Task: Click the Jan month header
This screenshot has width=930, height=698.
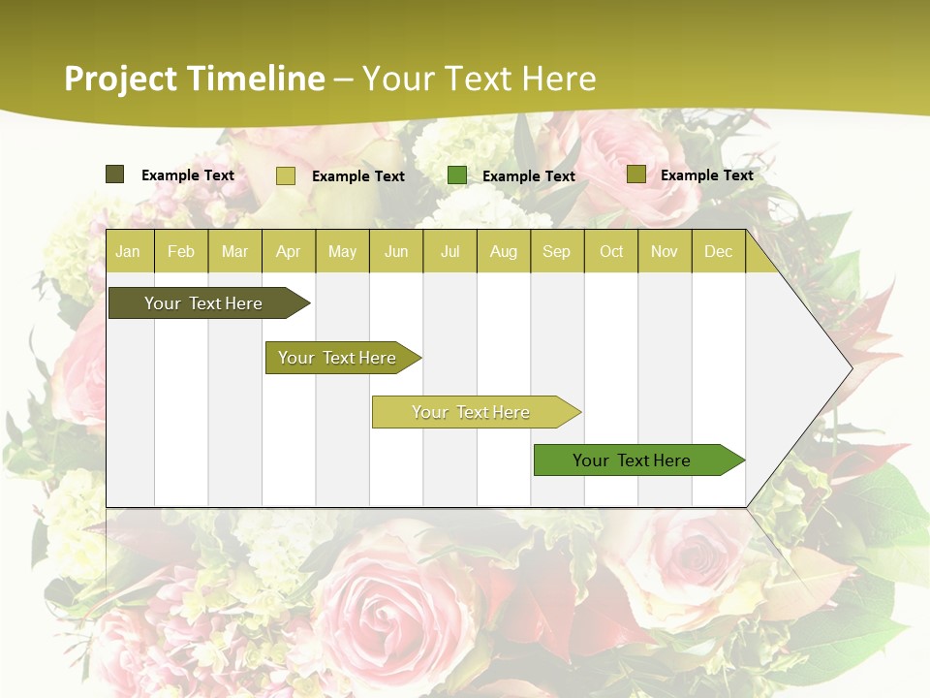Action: [x=128, y=252]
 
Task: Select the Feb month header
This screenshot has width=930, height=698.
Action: [x=181, y=252]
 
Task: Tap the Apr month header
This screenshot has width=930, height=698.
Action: [x=288, y=252]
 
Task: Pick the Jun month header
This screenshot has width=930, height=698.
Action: [x=396, y=252]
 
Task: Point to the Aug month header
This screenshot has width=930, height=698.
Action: [x=503, y=252]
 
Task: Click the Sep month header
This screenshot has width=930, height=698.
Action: [x=556, y=252]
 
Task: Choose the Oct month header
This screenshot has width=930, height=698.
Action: [x=611, y=252]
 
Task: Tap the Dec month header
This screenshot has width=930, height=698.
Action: [x=718, y=252]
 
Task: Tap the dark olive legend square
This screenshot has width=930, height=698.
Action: [x=114, y=174]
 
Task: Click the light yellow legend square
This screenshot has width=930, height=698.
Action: [x=285, y=175]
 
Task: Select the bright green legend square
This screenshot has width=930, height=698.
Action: [x=456, y=175]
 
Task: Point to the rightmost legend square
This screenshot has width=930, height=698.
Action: [x=635, y=174]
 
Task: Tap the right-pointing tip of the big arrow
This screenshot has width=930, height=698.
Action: [x=850, y=368]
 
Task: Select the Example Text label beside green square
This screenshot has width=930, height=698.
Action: [x=528, y=176]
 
